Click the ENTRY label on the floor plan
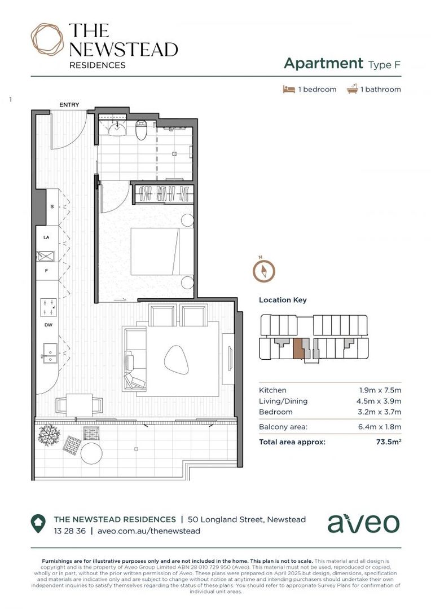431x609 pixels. pyautogui.click(x=69, y=105)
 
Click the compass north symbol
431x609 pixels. pyautogui.click(x=263, y=270)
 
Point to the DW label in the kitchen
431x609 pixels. pyautogui.click(x=48, y=325)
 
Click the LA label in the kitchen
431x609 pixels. pyautogui.click(x=46, y=237)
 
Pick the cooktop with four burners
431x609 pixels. pyautogui.click(x=48, y=307)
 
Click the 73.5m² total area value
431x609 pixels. pyautogui.click(x=389, y=442)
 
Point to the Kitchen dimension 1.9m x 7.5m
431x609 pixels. pyautogui.click(x=380, y=390)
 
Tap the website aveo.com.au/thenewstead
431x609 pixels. pyautogui.click(x=149, y=531)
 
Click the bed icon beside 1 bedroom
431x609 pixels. pyautogui.click(x=289, y=89)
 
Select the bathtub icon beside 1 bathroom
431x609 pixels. pyautogui.click(x=353, y=89)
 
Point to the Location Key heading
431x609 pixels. pyautogui.click(x=283, y=300)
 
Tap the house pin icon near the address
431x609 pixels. pyautogui.click(x=38, y=524)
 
